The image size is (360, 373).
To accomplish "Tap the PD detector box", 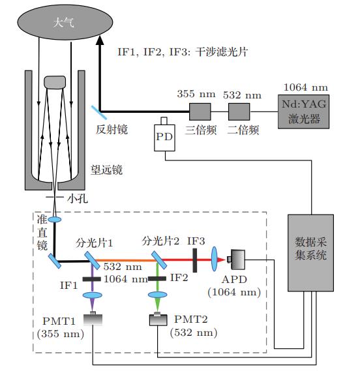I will pos(164,138).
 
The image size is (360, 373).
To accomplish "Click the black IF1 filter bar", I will pos(91,279).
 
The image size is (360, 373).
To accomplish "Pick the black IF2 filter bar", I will pos(157,279).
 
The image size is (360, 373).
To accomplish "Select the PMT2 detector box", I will pos(157,320).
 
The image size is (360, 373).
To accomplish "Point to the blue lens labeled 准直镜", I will pos(55,220).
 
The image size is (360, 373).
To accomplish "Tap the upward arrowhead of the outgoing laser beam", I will pos(100,40).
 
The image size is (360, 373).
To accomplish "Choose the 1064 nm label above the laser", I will pos(307,87).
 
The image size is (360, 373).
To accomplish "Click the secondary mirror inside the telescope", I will pos(55,82).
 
